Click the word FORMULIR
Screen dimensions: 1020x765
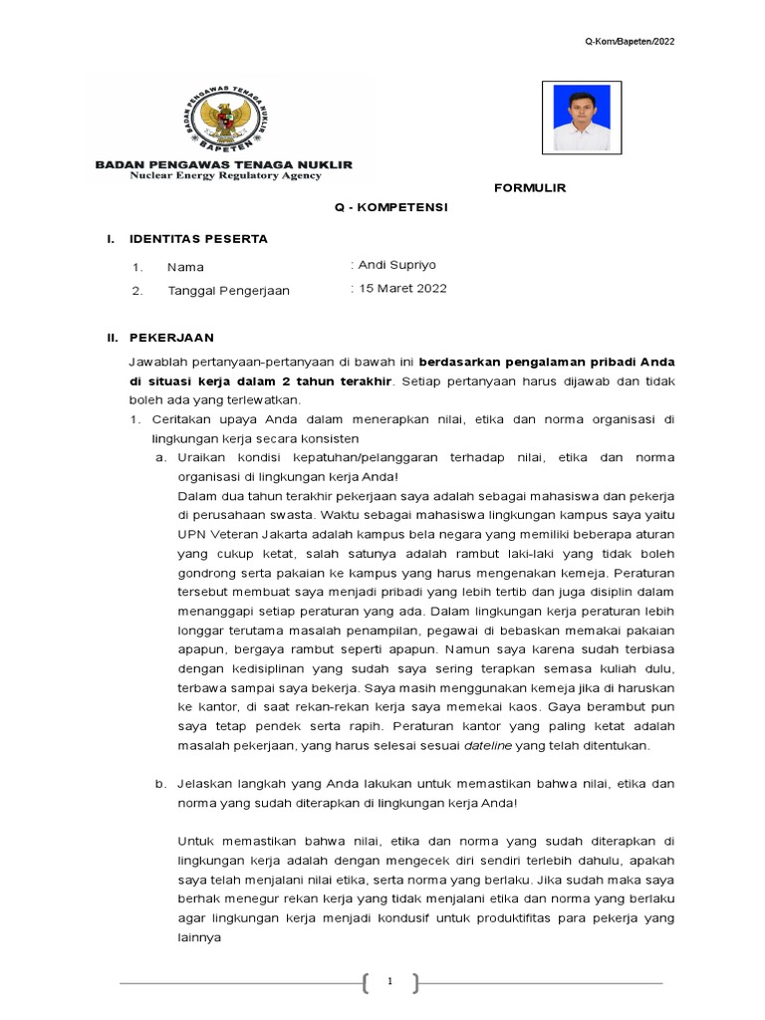pyautogui.click(x=530, y=187)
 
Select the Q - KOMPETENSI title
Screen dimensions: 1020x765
pyautogui.click(x=390, y=206)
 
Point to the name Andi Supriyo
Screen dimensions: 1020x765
pyautogui.click(x=396, y=265)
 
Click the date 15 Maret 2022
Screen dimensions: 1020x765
pyautogui.click(x=401, y=289)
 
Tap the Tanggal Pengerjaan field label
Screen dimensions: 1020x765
pyautogui.click(x=228, y=291)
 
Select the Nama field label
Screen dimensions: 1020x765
pyautogui.click(x=185, y=267)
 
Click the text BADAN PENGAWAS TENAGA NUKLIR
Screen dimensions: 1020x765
pyautogui.click(x=223, y=164)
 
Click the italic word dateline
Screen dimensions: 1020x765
pyautogui.click(x=490, y=745)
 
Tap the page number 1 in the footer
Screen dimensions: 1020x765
pyautogui.click(x=390, y=982)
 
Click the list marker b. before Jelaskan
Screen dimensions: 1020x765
pyautogui.click(x=159, y=784)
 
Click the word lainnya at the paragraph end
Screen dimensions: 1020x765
pyautogui.click(x=200, y=937)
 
